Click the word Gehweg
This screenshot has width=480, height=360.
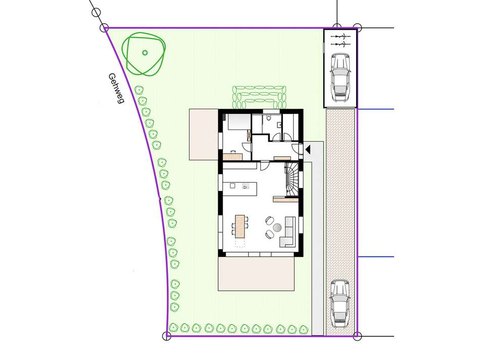click(x=116, y=88)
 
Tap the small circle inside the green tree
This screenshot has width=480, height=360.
click(x=145, y=53)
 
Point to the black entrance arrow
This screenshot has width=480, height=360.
click(x=308, y=149)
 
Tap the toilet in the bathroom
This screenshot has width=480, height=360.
click(x=272, y=119)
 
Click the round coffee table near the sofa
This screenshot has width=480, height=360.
click(x=276, y=228)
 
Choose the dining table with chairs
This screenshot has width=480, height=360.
click(x=239, y=226)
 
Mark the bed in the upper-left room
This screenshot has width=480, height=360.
click(x=237, y=124)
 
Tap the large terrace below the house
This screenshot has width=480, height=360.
click(x=256, y=274)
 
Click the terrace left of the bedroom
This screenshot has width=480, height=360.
click(x=204, y=133)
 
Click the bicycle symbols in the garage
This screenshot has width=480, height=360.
click(x=340, y=40)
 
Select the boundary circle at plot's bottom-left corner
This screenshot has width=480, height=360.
click(x=168, y=335)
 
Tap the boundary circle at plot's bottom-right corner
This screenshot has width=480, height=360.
click(x=357, y=335)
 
